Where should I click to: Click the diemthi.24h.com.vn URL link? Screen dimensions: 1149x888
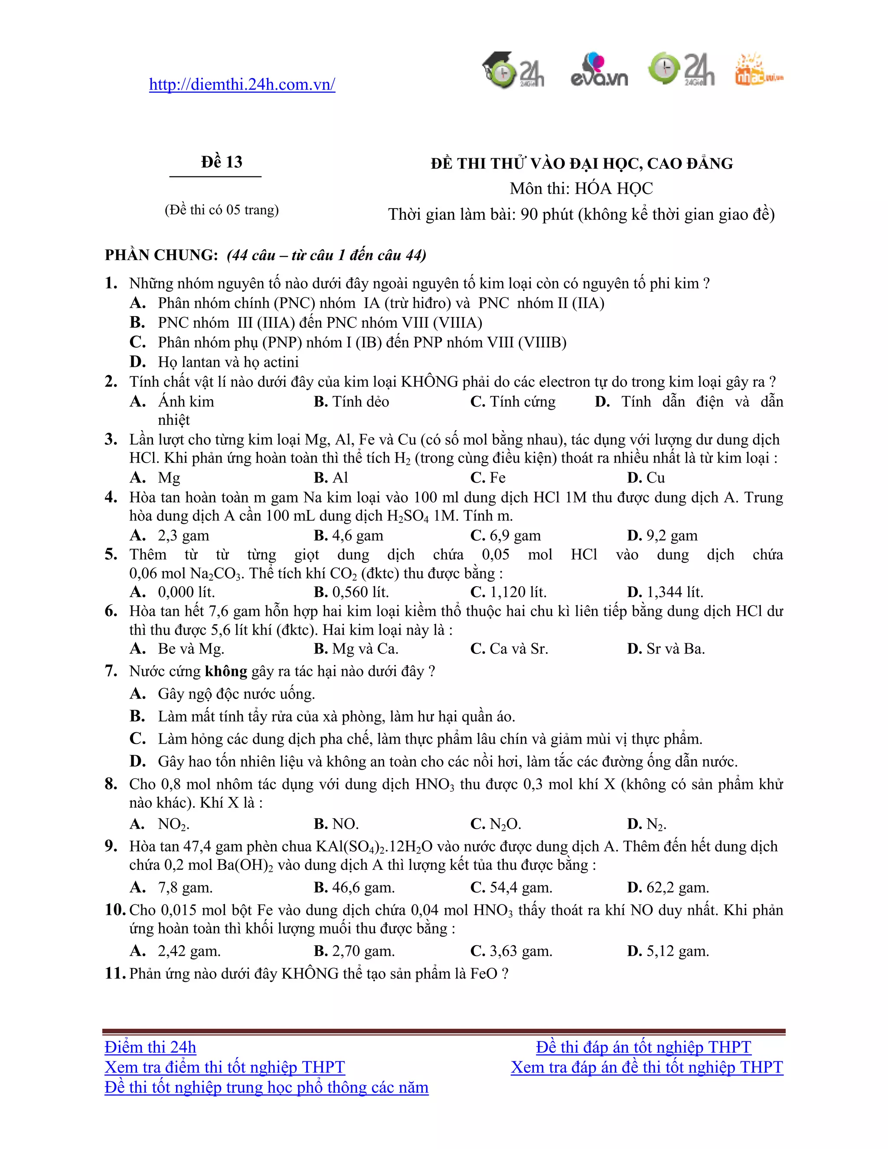click(242, 85)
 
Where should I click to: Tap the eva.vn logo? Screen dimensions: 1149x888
click(599, 71)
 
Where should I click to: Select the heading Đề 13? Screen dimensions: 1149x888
click(222, 162)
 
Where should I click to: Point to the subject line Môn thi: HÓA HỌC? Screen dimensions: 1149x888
click(581, 188)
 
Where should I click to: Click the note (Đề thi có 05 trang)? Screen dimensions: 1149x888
click(222, 210)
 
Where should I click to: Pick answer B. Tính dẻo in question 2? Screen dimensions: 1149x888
click(351, 402)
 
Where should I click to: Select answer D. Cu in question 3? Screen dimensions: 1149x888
click(646, 478)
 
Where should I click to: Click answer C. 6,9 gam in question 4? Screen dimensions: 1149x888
click(506, 535)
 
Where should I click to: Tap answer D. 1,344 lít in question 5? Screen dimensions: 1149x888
click(665, 592)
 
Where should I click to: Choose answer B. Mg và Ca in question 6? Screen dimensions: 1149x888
click(356, 649)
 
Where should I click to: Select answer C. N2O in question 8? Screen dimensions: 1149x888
click(496, 824)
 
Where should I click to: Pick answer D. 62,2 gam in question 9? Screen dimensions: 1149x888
click(668, 888)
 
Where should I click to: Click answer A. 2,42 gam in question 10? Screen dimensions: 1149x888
click(175, 951)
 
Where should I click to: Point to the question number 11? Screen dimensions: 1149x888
click(114, 973)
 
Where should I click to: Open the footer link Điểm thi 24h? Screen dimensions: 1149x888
click(150, 1048)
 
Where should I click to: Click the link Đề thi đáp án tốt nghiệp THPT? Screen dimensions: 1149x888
click(643, 1048)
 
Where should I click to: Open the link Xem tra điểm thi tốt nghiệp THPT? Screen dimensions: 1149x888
click(225, 1067)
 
